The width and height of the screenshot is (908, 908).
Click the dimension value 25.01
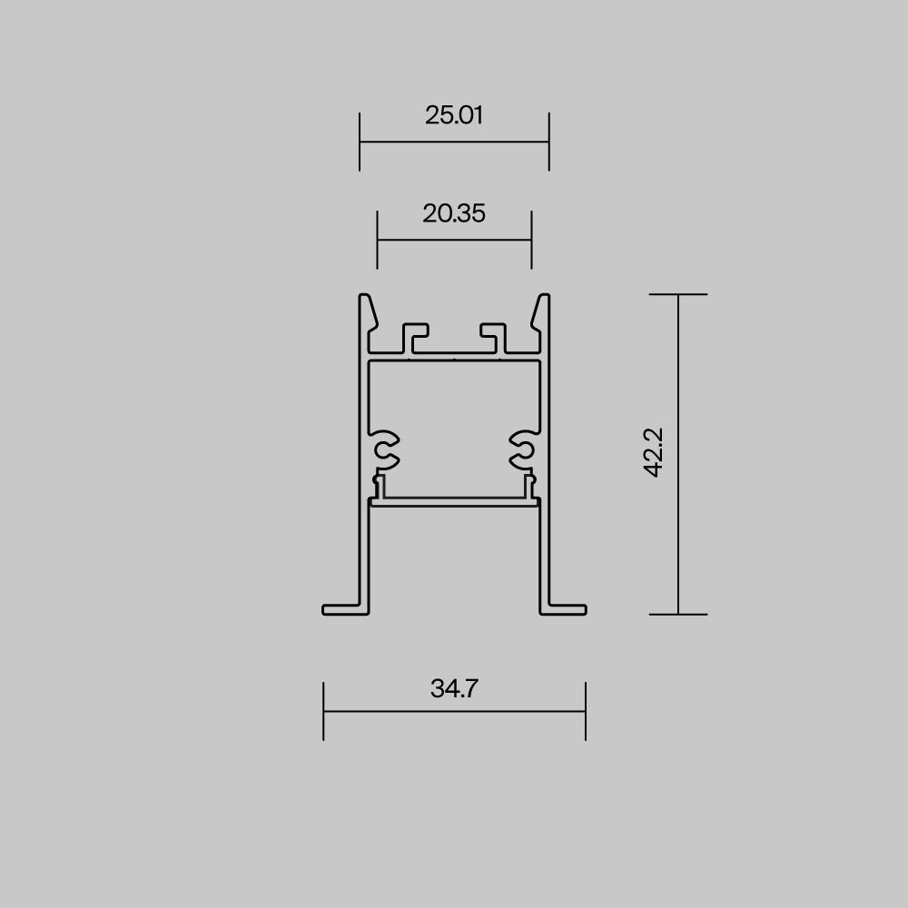pos(454,115)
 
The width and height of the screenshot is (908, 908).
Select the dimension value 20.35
pos(454,213)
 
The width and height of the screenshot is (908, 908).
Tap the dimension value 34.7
pos(454,688)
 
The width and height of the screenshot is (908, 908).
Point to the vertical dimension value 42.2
pos(654,453)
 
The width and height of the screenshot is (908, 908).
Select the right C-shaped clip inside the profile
pos(522,446)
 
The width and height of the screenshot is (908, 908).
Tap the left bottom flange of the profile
pos(346,608)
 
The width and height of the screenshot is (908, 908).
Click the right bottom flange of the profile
pos(563,608)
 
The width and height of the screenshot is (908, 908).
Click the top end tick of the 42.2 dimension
pos(678,294)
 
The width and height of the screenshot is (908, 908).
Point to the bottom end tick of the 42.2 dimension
pos(678,615)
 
